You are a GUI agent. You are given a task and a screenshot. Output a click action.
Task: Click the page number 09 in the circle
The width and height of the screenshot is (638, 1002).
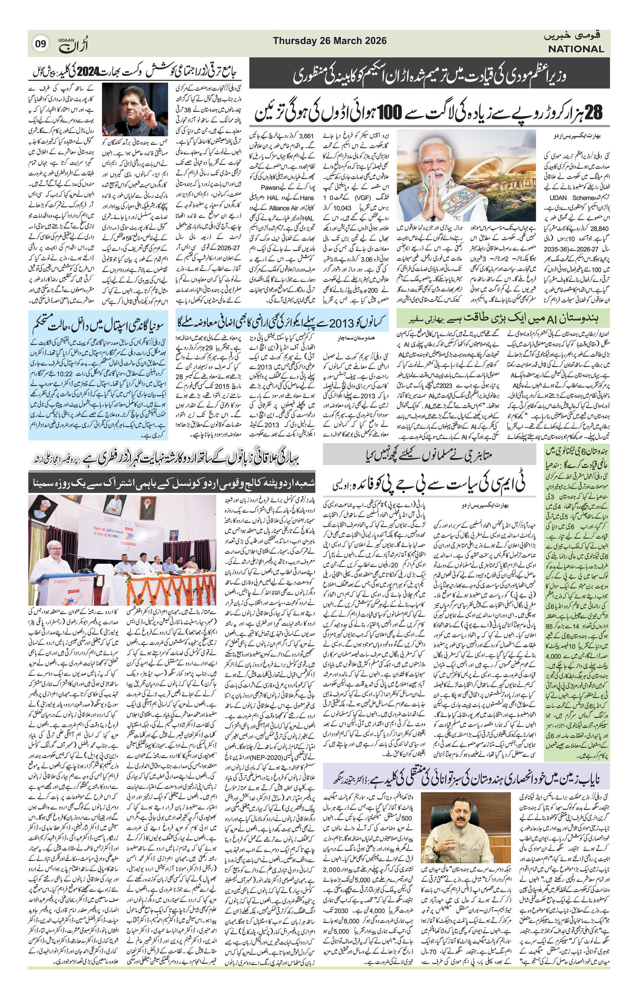point(40,44)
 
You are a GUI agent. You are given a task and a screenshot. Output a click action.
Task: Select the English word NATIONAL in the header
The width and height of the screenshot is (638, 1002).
point(575,49)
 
